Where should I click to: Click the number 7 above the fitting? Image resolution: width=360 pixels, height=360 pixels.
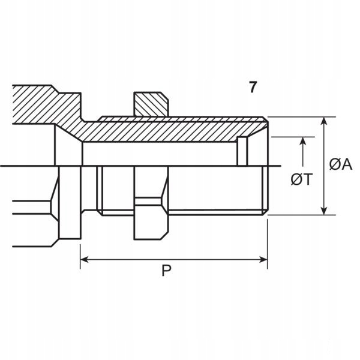coord(253,87)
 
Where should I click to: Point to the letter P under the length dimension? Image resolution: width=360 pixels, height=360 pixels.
coord(166,272)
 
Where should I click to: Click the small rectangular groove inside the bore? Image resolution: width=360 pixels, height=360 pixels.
coord(242,151)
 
